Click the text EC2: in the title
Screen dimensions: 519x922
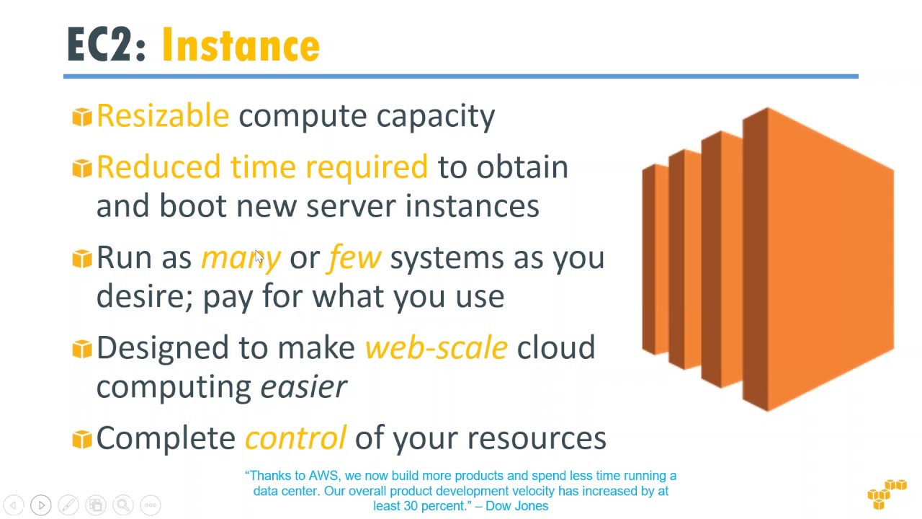coord(106,45)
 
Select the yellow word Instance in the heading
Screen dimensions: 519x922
coord(241,45)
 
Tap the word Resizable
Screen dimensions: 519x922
coord(163,116)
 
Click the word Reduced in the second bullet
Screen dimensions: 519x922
coord(158,167)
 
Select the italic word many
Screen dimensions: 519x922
coord(241,258)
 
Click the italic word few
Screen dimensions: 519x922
coord(354,257)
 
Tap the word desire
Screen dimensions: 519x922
coord(141,296)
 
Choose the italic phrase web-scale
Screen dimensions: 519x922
coord(436,347)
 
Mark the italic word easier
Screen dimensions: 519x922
coord(303,387)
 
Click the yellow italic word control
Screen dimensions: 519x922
coord(295,438)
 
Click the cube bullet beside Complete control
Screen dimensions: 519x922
coord(82,438)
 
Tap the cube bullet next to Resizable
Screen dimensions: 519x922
coord(82,116)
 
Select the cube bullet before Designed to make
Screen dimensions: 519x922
coord(82,348)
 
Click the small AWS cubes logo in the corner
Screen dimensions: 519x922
coord(887,494)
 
